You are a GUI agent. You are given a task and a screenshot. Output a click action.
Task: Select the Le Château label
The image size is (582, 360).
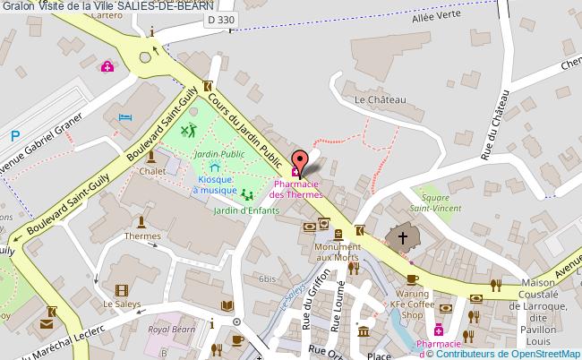pyautogui.click(x=381, y=99)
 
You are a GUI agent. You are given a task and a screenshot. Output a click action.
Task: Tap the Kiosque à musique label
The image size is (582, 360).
pyautogui.click(x=212, y=184)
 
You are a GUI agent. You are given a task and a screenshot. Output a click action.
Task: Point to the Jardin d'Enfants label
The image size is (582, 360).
pyautogui.click(x=245, y=210)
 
